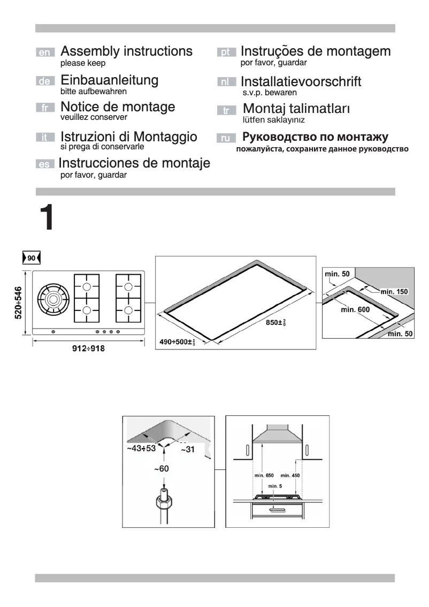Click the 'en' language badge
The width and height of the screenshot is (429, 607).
[x=45, y=52]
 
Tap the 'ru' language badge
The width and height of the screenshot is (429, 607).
[x=226, y=139]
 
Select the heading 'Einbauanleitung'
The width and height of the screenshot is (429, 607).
[x=109, y=80]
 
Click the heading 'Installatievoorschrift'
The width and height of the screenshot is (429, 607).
[x=301, y=82]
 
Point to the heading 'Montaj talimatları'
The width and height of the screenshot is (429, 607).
[x=296, y=109]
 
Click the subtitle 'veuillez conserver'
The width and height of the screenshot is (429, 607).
[x=94, y=117]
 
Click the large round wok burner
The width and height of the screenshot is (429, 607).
[x=52, y=300]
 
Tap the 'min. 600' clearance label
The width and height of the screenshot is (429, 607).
[x=355, y=309]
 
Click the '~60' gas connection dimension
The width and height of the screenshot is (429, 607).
[x=162, y=469]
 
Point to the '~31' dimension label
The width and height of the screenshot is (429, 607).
[x=187, y=450]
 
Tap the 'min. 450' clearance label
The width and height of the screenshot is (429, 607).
[x=290, y=475]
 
